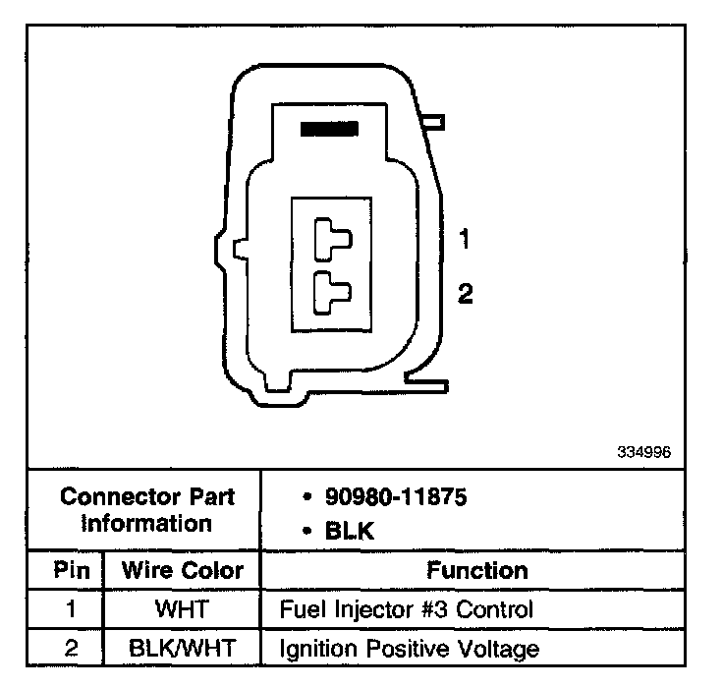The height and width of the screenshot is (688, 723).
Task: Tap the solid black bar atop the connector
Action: click(328, 128)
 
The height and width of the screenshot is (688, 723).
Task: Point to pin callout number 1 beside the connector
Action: click(465, 239)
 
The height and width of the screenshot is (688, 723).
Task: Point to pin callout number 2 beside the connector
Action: click(466, 293)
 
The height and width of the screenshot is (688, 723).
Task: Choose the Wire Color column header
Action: click(182, 570)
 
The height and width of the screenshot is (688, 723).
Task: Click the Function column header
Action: click(477, 570)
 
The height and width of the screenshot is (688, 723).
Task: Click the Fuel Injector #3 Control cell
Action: click(407, 609)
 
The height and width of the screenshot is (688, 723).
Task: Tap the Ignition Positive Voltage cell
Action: click(410, 649)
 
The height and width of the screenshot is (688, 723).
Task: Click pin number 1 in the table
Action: click(71, 609)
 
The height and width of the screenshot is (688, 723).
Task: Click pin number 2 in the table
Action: click(71, 649)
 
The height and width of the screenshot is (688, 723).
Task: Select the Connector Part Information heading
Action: click(146, 510)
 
